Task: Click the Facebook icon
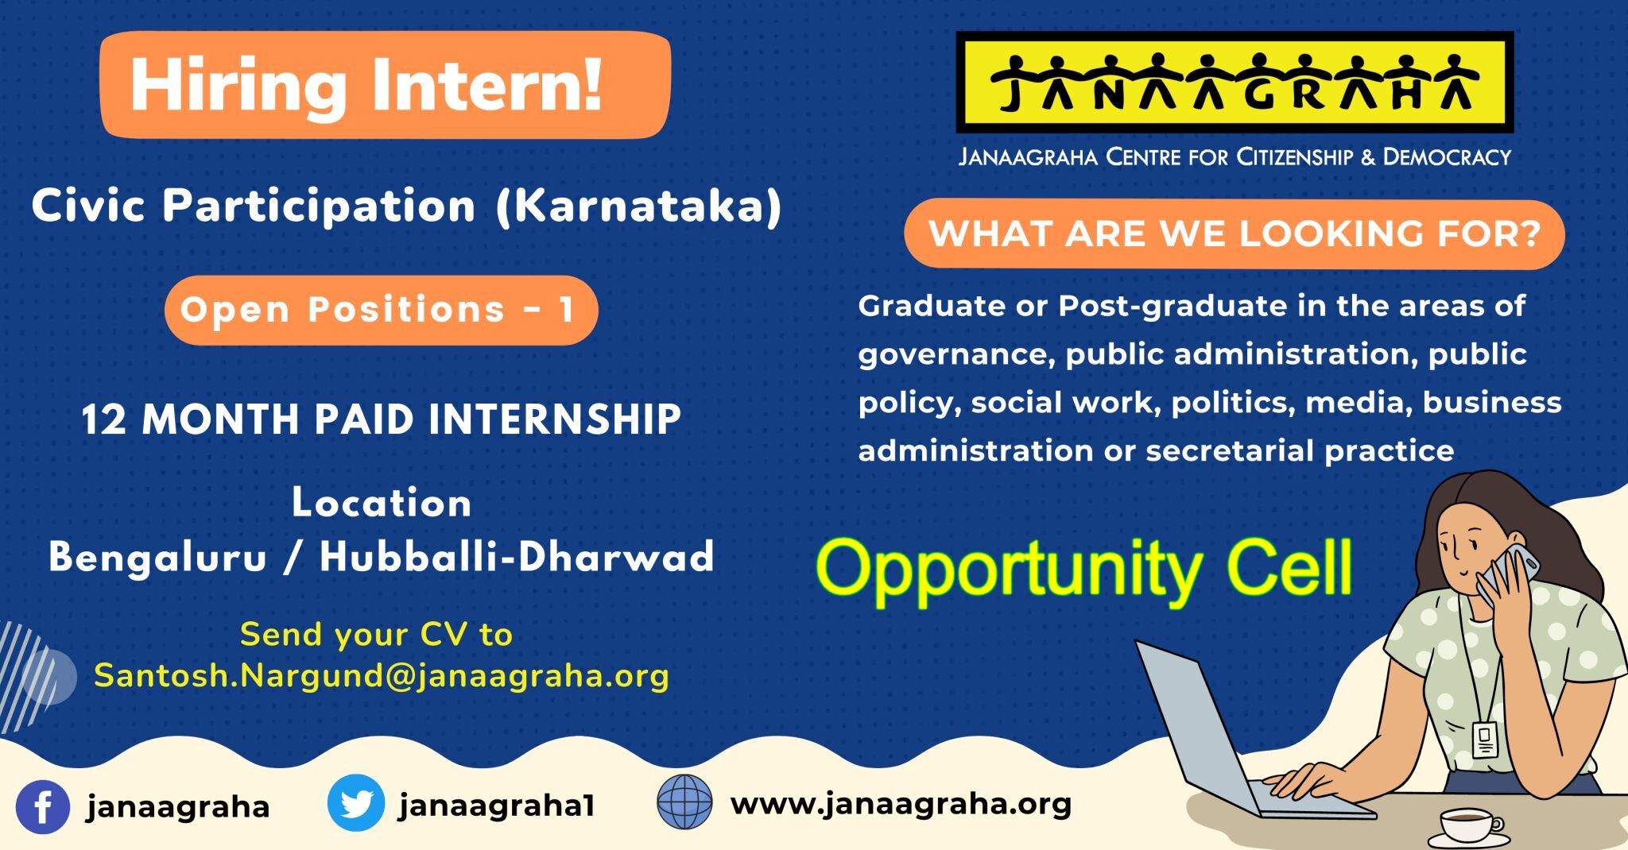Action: [43, 807]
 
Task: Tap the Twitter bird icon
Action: [356, 803]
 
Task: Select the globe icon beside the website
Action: [684, 802]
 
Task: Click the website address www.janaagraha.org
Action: [901, 804]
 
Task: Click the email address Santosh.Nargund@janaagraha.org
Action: [382, 676]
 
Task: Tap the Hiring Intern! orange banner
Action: [386, 85]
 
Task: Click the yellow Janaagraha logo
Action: [1235, 82]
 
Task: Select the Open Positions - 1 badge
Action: [382, 310]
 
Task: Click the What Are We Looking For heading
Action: [1235, 234]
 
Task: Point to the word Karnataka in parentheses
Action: [639, 207]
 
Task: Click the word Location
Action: [382, 504]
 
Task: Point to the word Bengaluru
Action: [158, 557]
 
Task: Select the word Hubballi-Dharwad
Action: [517, 556]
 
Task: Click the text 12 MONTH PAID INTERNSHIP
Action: [382, 419]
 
